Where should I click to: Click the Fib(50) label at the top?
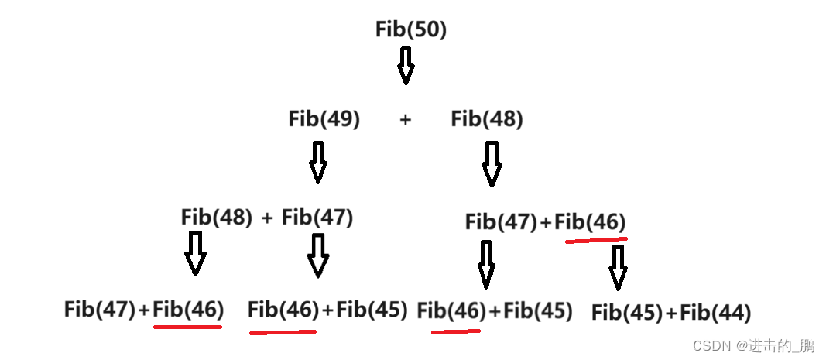pyautogui.click(x=411, y=29)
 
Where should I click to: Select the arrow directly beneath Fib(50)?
pyautogui.click(x=406, y=65)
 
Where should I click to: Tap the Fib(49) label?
pyautogui.click(x=324, y=119)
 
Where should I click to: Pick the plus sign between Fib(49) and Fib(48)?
pyautogui.click(x=405, y=120)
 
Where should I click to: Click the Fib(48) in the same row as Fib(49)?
pyautogui.click(x=487, y=119)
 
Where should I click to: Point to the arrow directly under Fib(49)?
pyautogui.click(x=317, y=162)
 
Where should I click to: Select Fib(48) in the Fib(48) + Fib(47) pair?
pyautogui.click(x=217, y=218)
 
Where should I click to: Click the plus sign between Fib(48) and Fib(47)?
pyautogui.click(x=267, y=218)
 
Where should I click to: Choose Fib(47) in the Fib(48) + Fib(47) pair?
pyautogui.click(x=317, y=218)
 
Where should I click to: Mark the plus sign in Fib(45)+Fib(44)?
pyautogui.click(x=670, y=313)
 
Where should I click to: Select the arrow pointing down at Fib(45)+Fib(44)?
pyautogui.click(x=618, y=267)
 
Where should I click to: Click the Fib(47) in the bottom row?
pyautogui.click(x=100, y=310)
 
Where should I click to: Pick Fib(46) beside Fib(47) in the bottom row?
pyautogui.click(x=188, y=310)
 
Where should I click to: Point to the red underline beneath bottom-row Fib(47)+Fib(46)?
pyautogui.click(x=188, y=326)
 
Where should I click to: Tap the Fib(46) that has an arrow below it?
pyautogui.click(x=591, y=222)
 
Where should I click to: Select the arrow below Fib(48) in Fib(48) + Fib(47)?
pyautogui.click(x=195, y=253)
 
